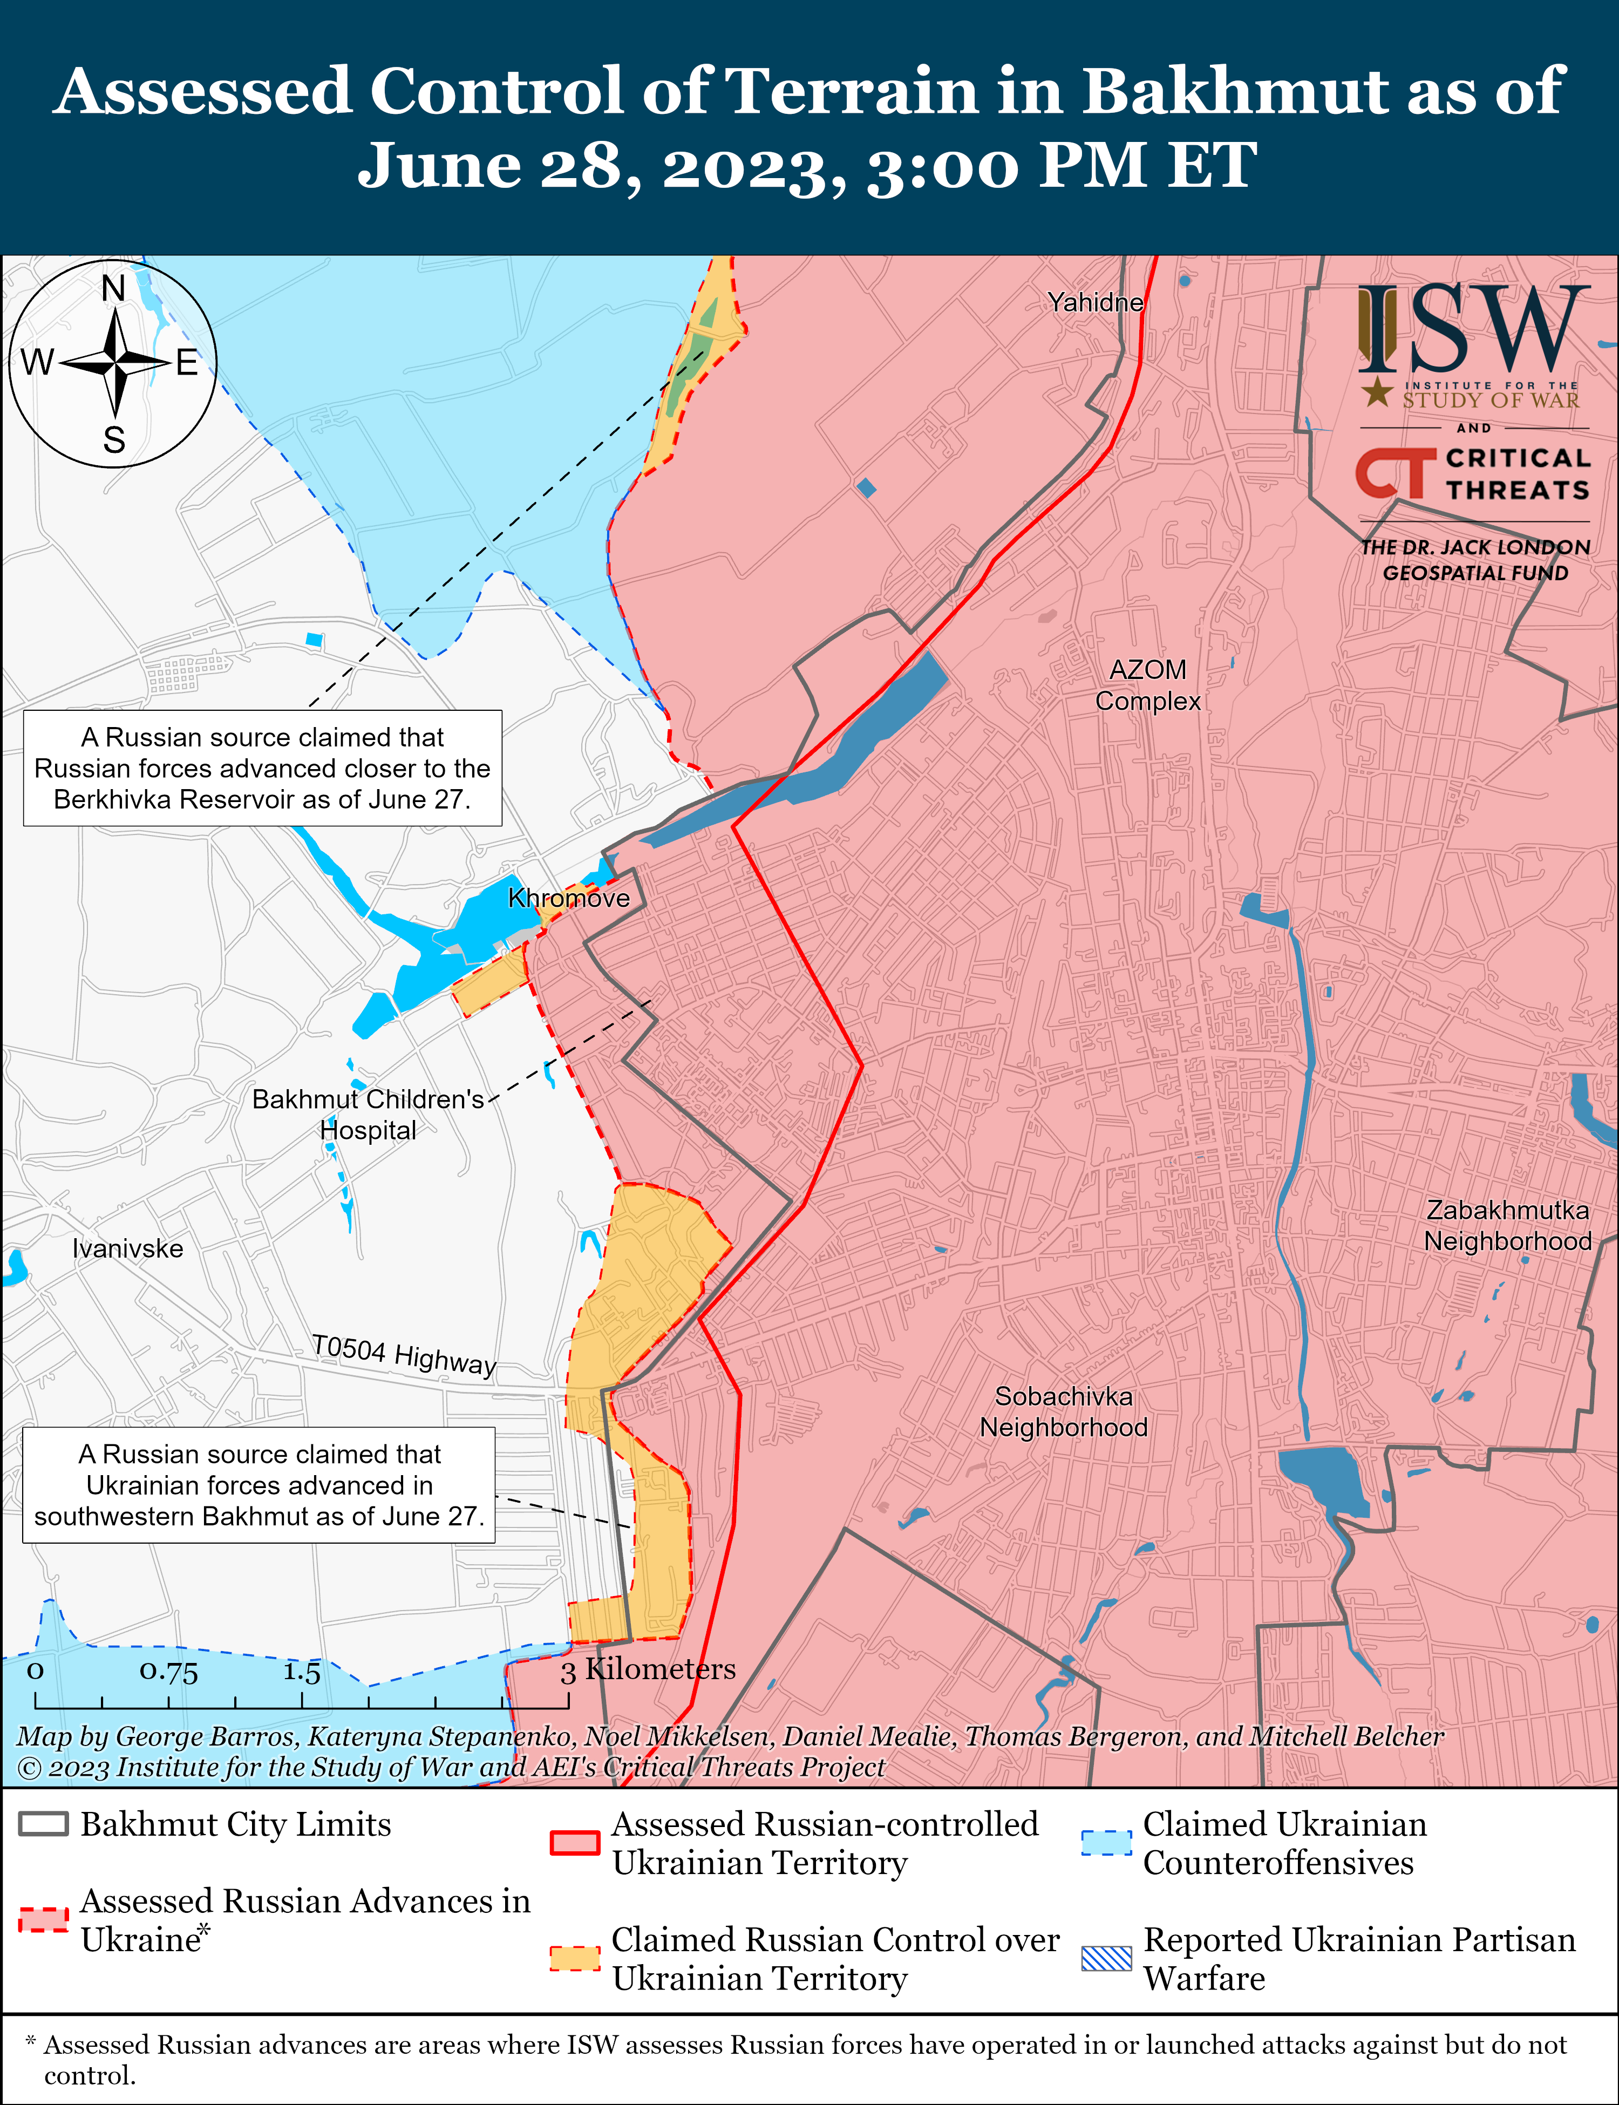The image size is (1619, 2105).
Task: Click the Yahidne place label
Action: (x=1096, y=303)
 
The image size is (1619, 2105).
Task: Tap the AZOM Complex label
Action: (x=1148, y=685)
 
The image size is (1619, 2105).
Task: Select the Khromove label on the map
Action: (x=569, y=898)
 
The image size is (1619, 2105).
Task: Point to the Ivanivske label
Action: (x=127, y=1249)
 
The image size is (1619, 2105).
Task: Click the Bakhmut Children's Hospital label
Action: (x=368, y=1115)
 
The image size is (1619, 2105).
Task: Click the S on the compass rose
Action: (x=114, y=440)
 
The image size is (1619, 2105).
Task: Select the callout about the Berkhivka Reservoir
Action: (x=262, y=768)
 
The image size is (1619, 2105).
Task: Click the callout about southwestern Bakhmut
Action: (x=259, y=1485)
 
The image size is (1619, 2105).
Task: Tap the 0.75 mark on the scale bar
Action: (x=168, y=1671)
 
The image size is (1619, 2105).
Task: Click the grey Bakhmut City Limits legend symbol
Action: (x=43, y=1824)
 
